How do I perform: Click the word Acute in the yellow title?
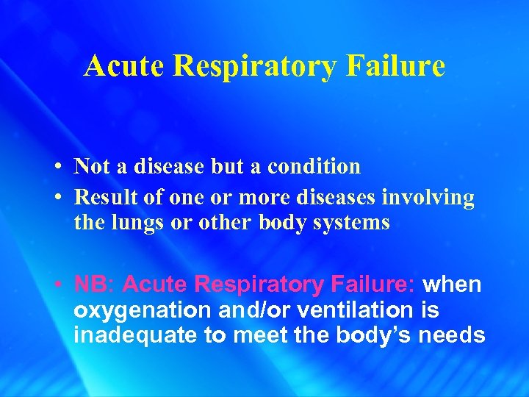click(x=124, y=66)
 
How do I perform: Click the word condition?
click(x=314, y=166)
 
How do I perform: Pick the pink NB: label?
click(x=95, y=285)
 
